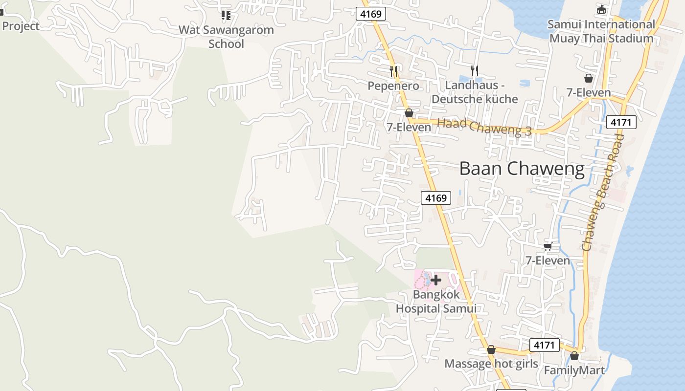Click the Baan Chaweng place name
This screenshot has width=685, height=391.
[522, 169]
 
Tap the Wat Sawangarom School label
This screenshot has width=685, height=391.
[226, 37]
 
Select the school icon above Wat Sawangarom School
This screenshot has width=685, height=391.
[226, 15]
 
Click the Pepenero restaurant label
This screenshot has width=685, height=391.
[393, 86]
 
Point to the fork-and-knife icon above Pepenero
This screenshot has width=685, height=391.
[393, 71]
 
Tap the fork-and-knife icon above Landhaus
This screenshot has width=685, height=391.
[474, 71]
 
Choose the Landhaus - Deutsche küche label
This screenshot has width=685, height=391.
[474, 92]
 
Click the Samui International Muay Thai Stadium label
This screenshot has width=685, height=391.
[601, 31]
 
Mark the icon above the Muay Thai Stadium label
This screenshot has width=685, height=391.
[601, 9]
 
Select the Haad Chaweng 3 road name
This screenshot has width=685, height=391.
[484, 127]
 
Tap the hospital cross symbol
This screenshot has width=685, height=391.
[436, 280]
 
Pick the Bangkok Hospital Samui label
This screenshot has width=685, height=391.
[436, 302]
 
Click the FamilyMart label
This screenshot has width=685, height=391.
[574, 370]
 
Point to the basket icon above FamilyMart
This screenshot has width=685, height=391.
[574, 356]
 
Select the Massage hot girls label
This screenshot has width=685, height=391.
[491, 364]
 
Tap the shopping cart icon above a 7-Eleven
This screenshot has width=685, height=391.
[548, 246]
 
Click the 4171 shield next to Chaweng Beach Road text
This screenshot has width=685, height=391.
[621, 122]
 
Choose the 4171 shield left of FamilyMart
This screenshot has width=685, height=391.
[544, 346]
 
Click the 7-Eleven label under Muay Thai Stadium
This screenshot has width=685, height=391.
[589, 92]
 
